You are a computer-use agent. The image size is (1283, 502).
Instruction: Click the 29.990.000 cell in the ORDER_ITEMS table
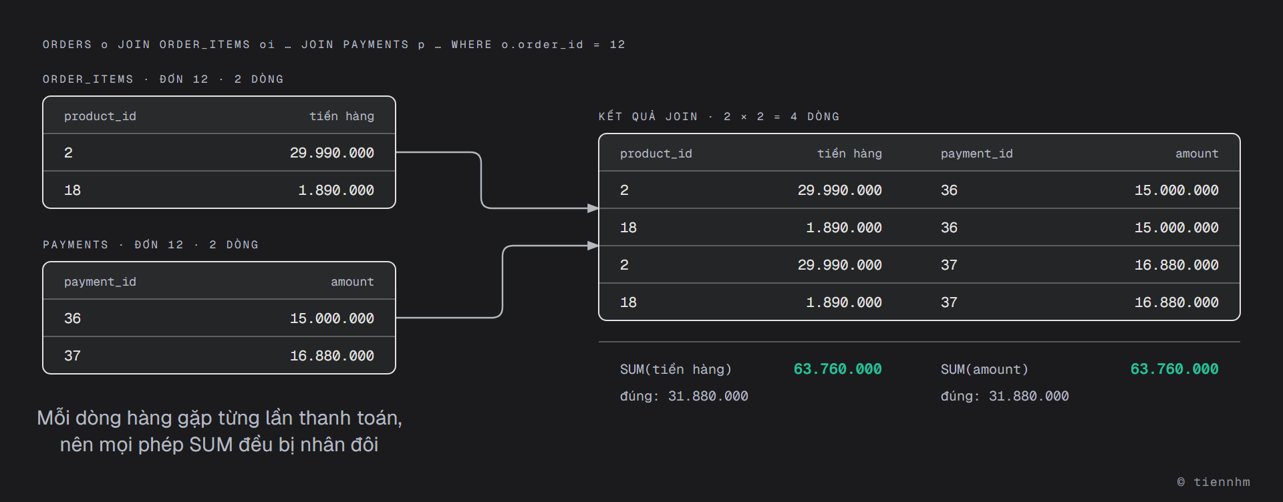point(332,153)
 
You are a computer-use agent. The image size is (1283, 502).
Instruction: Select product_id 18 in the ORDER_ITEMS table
point(72,190)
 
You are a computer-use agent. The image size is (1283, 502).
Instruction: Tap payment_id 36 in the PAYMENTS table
point(72,318)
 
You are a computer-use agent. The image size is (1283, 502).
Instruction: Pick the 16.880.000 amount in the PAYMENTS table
point(332,356)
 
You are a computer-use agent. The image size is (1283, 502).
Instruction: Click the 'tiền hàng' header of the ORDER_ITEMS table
point(341,116)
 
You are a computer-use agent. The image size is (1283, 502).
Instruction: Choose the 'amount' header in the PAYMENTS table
point(352,282)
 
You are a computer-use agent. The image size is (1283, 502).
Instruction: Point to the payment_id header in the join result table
point(977,154)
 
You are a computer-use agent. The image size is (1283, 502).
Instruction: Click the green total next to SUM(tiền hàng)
point(838,369)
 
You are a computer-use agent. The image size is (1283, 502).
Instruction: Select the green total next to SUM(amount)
point(1175,369)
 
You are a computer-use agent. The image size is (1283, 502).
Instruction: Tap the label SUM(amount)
point(984,370)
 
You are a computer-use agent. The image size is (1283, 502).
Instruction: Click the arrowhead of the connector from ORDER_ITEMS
point(593,208)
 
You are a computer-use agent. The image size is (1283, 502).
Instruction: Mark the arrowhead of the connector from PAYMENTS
point(593,246)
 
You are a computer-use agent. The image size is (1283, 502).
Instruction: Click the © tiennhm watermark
point(1214,482)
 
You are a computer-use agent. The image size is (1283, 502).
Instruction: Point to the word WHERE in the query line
point(472,45)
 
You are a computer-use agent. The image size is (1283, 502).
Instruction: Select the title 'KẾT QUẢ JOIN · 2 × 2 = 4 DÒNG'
point(719,117)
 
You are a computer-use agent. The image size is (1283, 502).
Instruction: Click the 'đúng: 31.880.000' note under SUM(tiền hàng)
point(684,397)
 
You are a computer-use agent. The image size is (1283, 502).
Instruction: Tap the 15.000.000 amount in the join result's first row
point(1177,190)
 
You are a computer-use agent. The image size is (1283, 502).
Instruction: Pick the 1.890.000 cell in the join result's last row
point(844,302)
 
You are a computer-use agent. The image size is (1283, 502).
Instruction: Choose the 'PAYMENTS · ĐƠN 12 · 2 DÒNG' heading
point(150,245)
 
